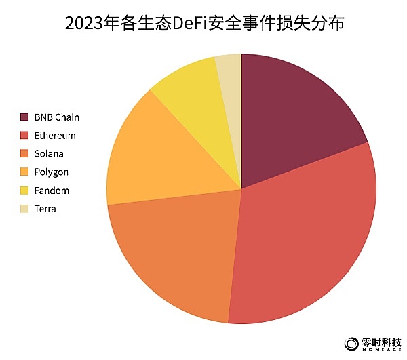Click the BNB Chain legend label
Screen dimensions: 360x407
click(56, 117)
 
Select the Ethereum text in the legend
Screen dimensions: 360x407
click(55, 136)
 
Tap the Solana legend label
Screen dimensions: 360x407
click(49, 154)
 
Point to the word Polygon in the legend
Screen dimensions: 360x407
click(51, 172)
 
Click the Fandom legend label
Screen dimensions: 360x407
click(52, 191)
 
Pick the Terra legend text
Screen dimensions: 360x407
click(45, 209)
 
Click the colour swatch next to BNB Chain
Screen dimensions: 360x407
click(25, 117)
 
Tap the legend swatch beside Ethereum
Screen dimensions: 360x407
click(25, 136)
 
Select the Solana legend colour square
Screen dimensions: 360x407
click(25, 154)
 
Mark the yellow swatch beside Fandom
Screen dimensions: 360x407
click(25, 191)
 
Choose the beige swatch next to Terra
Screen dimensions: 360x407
click(25, 209)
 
